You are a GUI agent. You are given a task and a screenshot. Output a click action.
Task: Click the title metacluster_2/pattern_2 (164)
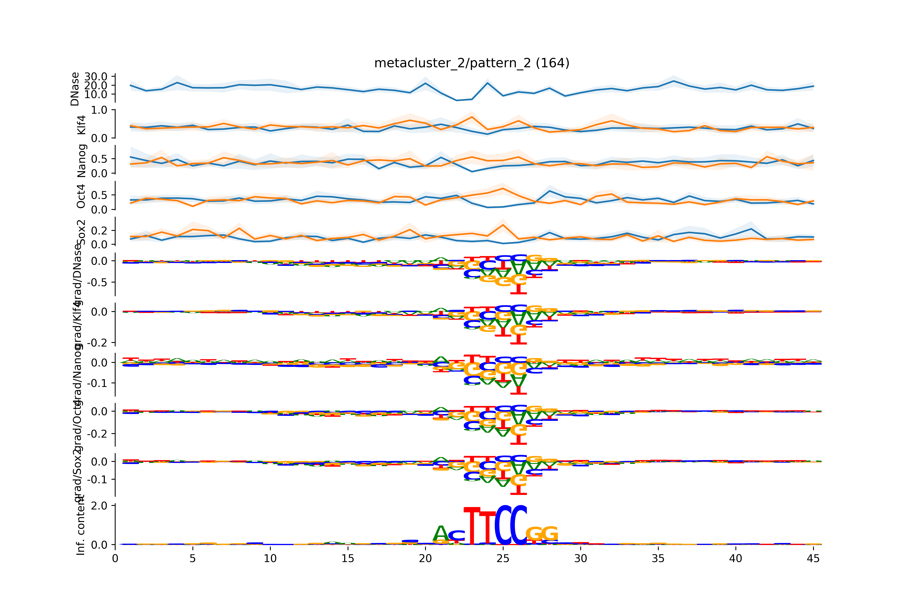[472, 63]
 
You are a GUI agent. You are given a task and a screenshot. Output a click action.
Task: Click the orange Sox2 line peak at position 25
[503, 225]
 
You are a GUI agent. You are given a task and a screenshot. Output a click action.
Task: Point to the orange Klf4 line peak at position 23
[472, 117]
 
